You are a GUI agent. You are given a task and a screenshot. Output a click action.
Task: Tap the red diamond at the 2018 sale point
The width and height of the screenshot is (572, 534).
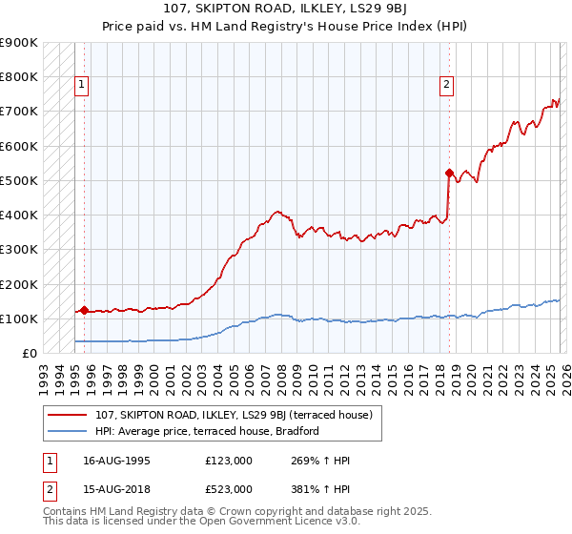(x=449, y=173)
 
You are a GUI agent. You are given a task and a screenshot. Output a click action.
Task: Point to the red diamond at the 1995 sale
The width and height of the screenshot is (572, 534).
(x=84, y=310)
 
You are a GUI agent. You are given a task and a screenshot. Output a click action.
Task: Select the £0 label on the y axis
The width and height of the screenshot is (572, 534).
(x=29, y=353)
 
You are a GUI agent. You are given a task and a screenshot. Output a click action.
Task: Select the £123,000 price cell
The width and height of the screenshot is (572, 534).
(x=229, y=461)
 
